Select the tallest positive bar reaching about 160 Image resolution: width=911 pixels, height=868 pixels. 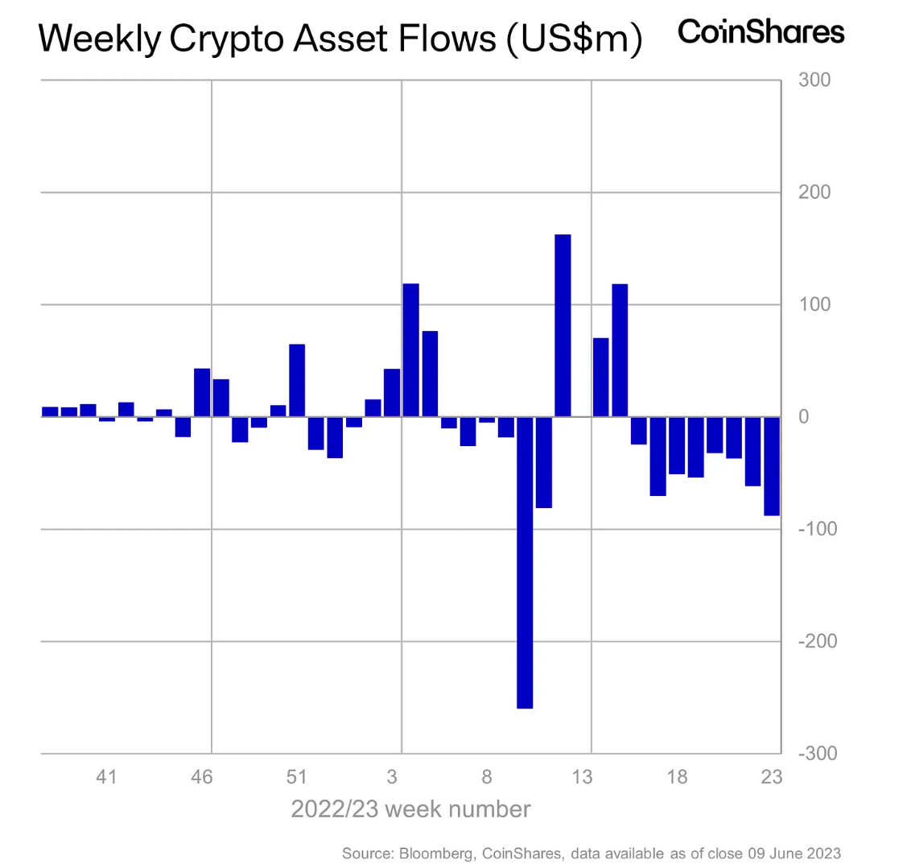(563, 325)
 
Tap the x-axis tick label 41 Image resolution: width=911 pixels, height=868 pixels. (106, 777)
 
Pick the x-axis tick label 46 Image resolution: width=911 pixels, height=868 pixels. (202, 777)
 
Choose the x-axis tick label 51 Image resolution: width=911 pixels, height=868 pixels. (297, 777)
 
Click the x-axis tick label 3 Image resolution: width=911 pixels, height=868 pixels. (392, 777)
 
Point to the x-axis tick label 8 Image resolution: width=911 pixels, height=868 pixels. (487, 777)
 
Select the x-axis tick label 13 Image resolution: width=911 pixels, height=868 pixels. (582, 777)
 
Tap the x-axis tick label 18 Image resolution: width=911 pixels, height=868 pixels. (677, 777)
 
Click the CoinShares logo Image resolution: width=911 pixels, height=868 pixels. (761, 32)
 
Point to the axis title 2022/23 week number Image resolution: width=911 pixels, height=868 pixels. (410, 809)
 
